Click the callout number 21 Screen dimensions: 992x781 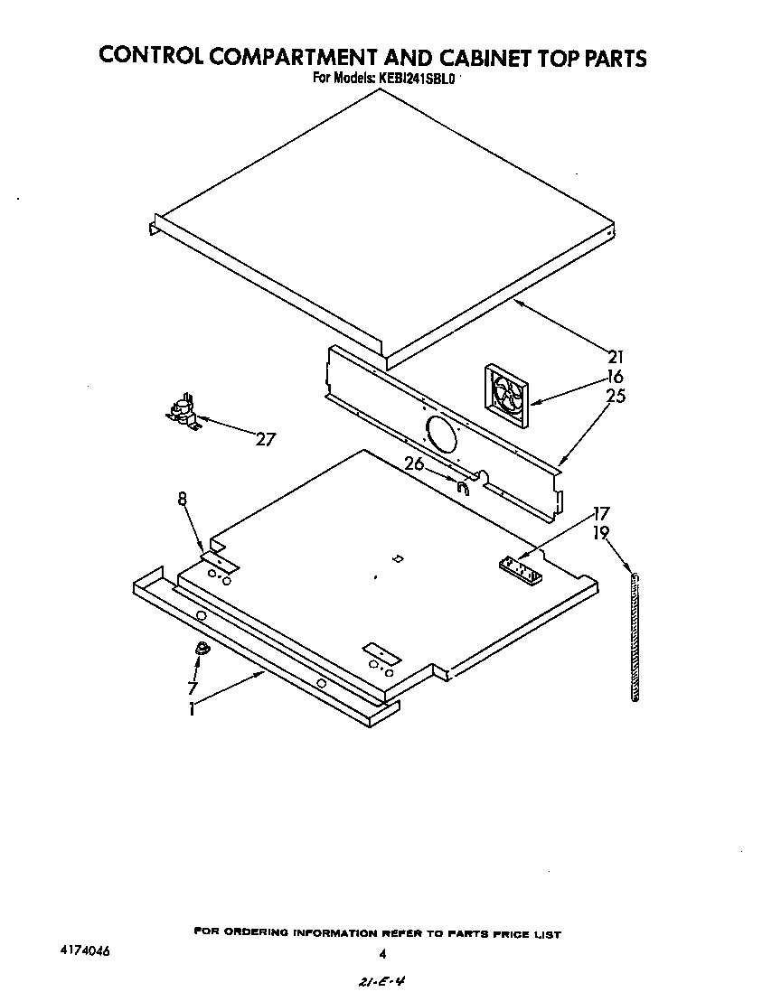coord(616,357)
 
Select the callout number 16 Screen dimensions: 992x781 coord(616,377)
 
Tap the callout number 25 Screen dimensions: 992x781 coord(616,396)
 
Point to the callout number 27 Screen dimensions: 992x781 coord(265,440)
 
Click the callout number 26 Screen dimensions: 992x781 coord(414,464)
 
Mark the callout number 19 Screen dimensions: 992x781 coord(601,533)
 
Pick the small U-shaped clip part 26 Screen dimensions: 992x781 coord(462,489)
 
